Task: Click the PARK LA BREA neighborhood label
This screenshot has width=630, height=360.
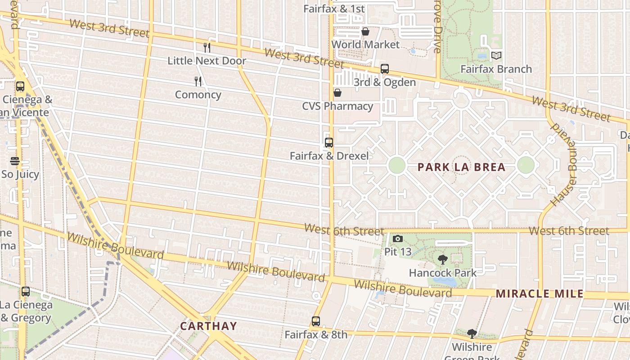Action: point(461,167)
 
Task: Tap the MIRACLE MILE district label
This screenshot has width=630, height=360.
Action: point(540,294)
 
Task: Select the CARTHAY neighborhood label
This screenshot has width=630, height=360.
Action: point(208,326)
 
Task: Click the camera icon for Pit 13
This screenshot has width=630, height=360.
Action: point(398,239)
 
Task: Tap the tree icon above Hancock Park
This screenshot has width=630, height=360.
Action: point(443,260)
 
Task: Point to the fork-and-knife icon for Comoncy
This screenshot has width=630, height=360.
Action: point(198,81)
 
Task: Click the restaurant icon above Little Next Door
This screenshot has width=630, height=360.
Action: point(207,47)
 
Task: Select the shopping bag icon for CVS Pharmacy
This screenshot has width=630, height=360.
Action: point(337,93)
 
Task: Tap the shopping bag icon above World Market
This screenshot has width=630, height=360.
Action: point(365,31)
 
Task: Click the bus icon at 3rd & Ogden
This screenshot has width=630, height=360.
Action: point(385,69)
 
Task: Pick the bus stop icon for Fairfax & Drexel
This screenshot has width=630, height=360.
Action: point(329,143)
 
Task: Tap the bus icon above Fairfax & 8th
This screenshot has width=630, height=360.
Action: point(316,321)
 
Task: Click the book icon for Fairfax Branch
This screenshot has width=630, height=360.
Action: point(496,55)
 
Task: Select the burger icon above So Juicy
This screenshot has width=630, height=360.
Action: point(15,161)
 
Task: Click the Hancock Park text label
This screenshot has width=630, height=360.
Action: point(442,273)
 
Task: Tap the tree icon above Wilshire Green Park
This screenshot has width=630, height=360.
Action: point(472,334)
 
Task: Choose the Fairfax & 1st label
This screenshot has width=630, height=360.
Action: point(334,9)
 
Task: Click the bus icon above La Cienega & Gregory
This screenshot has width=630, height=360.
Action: point(26,292)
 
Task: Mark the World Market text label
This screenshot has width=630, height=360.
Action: point(365,45)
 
